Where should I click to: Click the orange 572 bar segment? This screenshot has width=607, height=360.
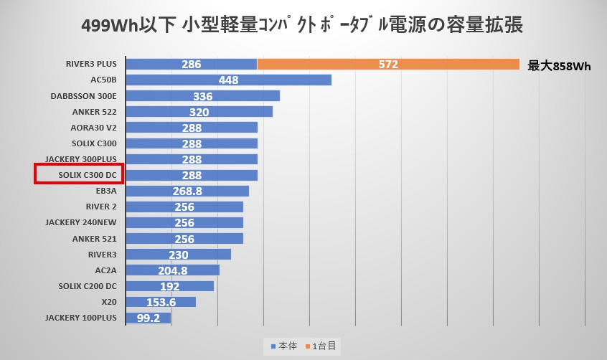pos(388,65)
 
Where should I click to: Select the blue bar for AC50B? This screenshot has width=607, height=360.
pos(228,80)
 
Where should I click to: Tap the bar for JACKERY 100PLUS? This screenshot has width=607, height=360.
pos(148,318)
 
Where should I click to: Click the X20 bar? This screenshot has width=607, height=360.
pos(161,302)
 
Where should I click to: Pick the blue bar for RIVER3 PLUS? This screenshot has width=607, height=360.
pos(191,65)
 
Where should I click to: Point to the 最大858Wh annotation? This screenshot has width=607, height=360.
pos(559,66)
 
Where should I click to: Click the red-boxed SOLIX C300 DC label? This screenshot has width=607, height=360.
pos(80,175)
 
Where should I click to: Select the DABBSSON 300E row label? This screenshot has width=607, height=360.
pos(84,96)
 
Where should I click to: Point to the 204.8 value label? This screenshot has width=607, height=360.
pos(172,270)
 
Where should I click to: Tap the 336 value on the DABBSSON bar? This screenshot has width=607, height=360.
pos(203,96)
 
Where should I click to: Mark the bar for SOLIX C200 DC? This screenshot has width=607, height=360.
pos(169,286)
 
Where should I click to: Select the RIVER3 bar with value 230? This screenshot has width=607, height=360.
pos(178,255)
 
